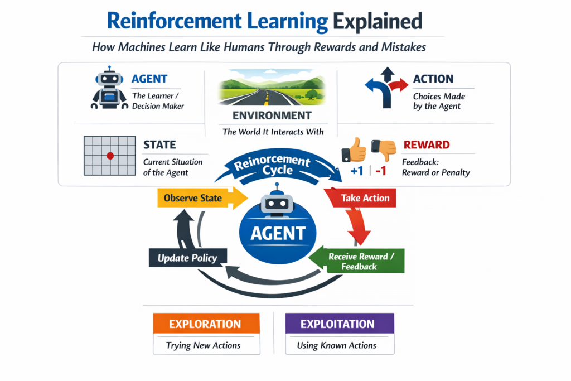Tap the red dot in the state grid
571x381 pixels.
point(110,155)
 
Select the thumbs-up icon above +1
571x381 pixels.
point(355,150)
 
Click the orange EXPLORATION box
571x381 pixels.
point(205,324)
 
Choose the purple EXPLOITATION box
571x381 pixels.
point(338,324)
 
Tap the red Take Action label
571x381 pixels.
point(365,198)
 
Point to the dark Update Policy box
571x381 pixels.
point(183,258)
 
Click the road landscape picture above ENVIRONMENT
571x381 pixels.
point(272,91)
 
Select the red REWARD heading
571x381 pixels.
point(427,145)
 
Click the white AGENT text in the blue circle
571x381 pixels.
point(278,233)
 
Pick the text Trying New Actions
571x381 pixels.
point(203,345)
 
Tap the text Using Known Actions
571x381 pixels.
point(336,345)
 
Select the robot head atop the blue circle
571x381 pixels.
point(277,202)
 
